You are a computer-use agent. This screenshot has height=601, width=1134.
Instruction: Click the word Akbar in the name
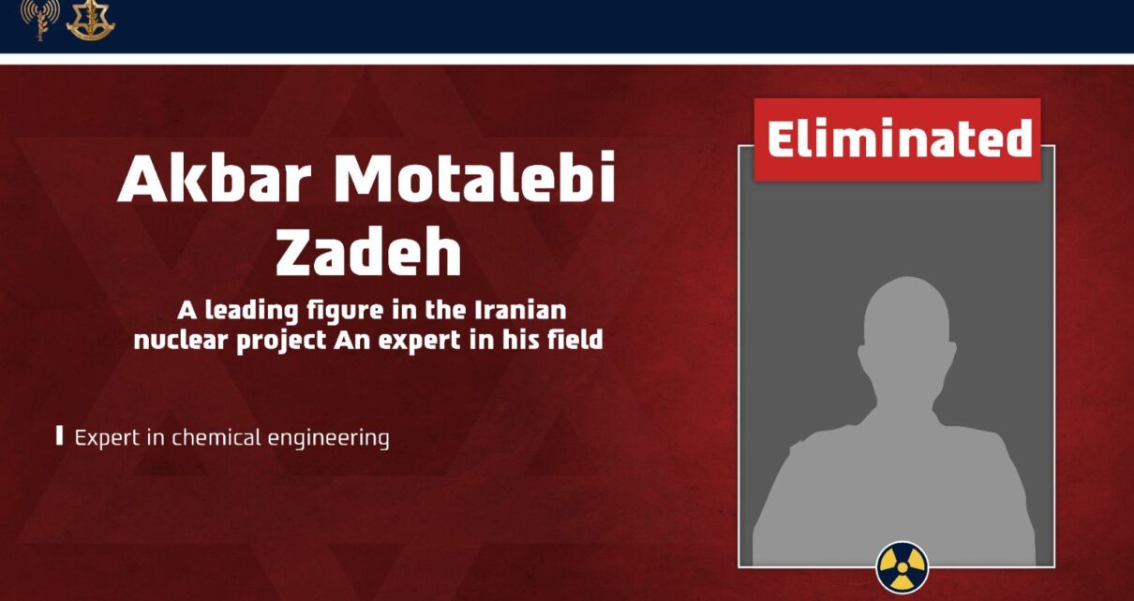click(x=214, y=177)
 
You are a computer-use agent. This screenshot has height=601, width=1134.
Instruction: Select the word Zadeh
click(x=368, y=252)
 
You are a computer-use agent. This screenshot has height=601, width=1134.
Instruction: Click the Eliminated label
click(x=898, y=139)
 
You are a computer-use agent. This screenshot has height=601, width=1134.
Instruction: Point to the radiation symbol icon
click(x=903, y=566)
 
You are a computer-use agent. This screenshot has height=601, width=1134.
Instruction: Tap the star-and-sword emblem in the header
click(x=91, y=21)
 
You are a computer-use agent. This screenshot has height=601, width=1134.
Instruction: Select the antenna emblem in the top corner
click(x=39, y=21)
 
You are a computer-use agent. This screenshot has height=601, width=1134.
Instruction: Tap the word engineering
click(x=329, y=439)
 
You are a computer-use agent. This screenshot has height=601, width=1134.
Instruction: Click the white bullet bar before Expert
click(x=59, y=435)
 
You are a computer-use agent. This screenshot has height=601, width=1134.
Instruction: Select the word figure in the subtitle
click(x=345, y=311)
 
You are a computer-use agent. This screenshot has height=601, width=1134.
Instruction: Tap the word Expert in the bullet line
click(x=107, y=438)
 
